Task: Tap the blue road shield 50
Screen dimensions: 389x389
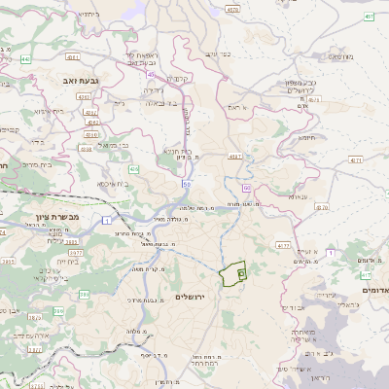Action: pyautogui.click(x=185, y=183)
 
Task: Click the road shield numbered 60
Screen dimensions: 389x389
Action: pyautogui.click(x=247, y=187)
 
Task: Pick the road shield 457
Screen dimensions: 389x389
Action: pyautogui.click(x=370, y=17)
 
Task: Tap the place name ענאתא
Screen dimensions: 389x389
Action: pyautogui.click(x=298, y=196)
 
